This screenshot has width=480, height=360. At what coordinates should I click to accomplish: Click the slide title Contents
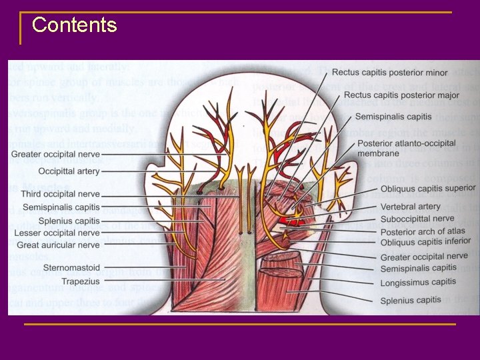(74, 25)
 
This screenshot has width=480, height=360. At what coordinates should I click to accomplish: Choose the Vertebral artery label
(411, 207)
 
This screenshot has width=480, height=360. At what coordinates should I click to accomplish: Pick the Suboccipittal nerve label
(417, 219)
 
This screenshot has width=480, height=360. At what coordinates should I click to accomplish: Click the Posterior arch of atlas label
(423, 231)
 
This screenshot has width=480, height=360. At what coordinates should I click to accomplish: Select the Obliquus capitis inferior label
(425, 242)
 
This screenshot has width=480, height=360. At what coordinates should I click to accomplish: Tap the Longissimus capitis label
(418, 281)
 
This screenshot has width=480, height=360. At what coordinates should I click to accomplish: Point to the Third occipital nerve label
(60, 194)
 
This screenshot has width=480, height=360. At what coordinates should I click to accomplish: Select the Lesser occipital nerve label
(59, 233)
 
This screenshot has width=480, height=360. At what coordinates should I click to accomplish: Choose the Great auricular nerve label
(59, 245)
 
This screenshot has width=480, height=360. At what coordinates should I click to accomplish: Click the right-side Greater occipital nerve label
(424, 257)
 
